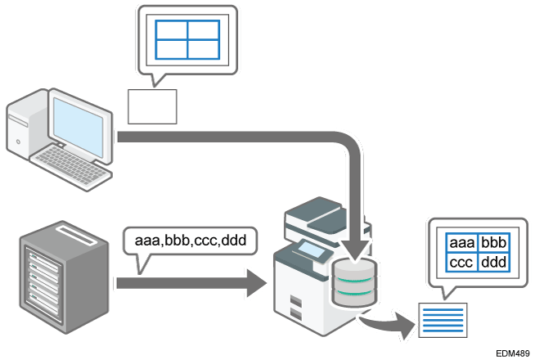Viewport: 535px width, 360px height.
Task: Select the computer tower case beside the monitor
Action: (x=25, y=131)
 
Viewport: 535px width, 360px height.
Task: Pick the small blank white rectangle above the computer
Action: (x=152, y=106)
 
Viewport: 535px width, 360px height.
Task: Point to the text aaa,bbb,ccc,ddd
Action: (x=190, y=241)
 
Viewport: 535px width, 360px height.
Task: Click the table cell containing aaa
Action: (x=461, y=245)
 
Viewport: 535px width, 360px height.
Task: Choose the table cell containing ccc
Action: (x=461, y=263)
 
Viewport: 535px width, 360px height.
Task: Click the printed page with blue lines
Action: (x=443, y=320)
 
